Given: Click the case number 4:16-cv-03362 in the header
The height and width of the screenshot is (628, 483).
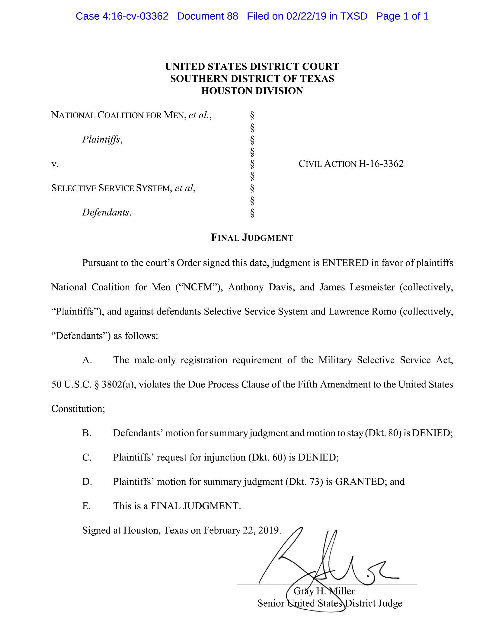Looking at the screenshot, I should pyautogui.click(x=135, y=16).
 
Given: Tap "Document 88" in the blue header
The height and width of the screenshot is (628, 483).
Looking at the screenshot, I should pyautogui.click(x=207, y=16).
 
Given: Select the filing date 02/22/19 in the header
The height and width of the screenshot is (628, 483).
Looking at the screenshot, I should pyautogui.click(x=306, y=16).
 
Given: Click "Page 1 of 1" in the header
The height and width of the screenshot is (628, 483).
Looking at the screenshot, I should pyautogui.click(x=402, y=16).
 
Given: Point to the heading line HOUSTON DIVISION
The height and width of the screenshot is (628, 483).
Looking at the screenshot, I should pyautogui.click(x=252, y=91).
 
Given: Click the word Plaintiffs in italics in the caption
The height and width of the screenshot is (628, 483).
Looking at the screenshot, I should pyautogui.click(x=101, y=139).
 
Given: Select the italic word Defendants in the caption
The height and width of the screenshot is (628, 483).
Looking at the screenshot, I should pyautogui.click(x=106, y=212).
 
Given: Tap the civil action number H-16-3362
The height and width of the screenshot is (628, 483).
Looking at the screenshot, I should pyautogui.click(x=381, y=164).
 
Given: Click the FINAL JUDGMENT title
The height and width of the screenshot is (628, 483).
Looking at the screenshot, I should pyautogui.click(x=252, y=238).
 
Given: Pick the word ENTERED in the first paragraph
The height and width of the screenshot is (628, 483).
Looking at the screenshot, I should pyautogui.click(x=345, y=263).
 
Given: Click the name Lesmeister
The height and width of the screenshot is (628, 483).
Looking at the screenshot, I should pyautogui.click(x=372, y=287).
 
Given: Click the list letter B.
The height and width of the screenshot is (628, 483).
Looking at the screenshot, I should pyautogui.click(x=87, y=433).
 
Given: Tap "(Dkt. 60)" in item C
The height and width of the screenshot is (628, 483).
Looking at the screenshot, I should pyautogui.click(x=267, y=457).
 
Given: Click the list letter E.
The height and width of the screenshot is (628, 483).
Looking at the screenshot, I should pyautogui.click(x=86, y=506).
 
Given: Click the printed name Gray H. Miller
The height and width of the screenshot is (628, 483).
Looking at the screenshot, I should pyautogui.click(x=324, y=591).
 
